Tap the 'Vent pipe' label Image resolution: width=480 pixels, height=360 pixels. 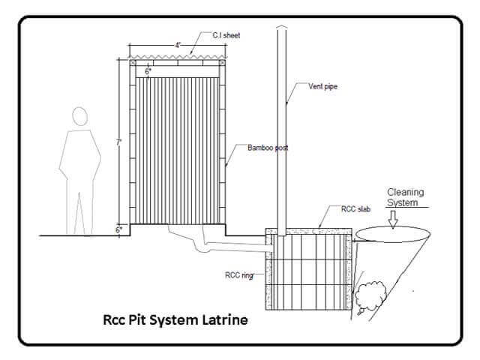point(323,86)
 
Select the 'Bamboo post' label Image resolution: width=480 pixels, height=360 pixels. point(268,148)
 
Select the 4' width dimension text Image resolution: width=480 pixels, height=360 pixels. point(178,45)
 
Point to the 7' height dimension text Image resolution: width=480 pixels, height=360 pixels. point(118,142)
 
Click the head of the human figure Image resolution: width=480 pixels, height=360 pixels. point(79,117)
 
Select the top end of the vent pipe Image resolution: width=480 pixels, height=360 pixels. point(282,28)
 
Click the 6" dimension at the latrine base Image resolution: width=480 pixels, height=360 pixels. point(119,229)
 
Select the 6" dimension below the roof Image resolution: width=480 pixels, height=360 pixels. point(148,70)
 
